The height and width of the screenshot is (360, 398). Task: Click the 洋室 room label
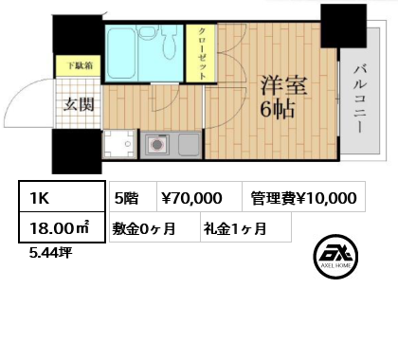[283, 85]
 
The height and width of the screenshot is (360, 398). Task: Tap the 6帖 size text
[278, 109]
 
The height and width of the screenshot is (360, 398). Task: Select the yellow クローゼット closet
[201, 54]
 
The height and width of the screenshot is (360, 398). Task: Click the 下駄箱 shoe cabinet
[79, 66]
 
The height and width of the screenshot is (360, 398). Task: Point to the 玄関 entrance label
[79, 104]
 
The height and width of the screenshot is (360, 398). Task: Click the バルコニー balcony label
[360, 99]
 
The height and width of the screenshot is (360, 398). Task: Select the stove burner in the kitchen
[157, 145]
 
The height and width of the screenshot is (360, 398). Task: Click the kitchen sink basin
[189, 144]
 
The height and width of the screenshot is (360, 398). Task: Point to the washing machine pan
[119, 144]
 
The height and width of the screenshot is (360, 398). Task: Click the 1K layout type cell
[62, 196]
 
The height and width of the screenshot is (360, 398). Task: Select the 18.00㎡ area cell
[62, 227]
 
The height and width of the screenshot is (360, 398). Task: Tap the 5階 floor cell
[133, 196]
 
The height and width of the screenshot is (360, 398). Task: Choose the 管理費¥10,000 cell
[304, 196]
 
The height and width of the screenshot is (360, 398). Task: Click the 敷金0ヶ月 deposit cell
[154, 227]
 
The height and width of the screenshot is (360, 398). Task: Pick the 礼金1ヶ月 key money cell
[245, 227]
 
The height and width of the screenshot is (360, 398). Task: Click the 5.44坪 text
[50, 253]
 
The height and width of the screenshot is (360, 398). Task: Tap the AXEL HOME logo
[335, 257]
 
